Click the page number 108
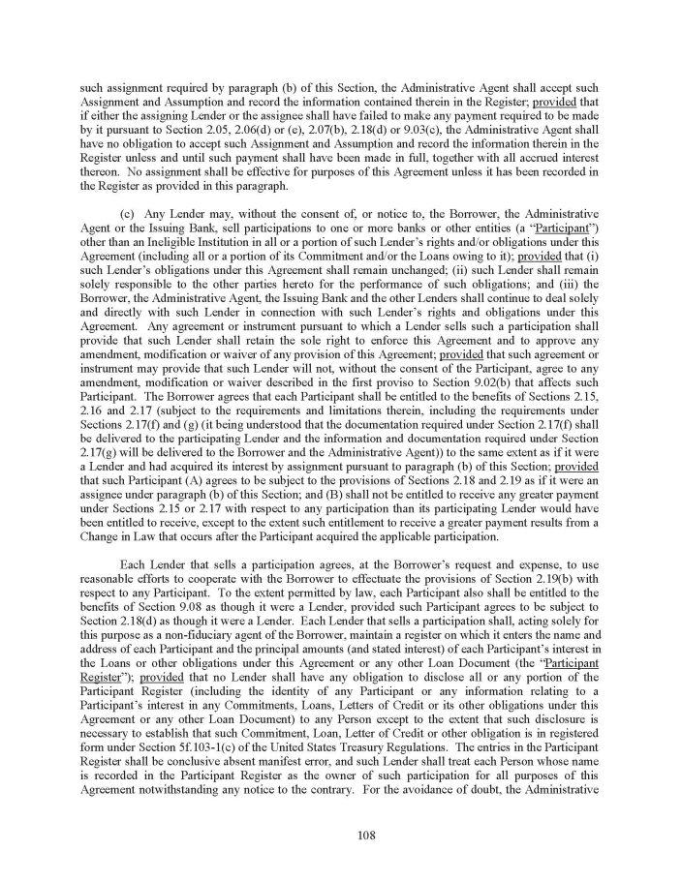pos(341,835)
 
